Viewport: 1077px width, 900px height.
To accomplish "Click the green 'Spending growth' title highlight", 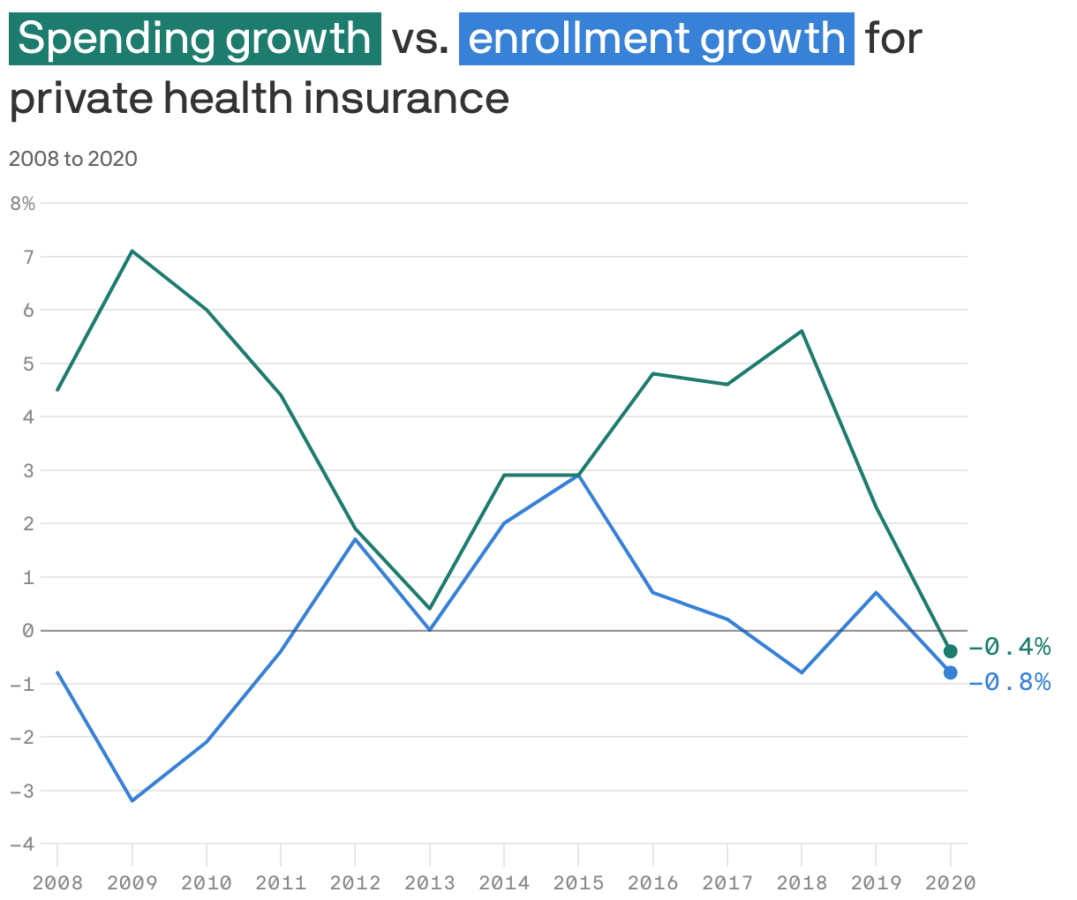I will click(194, 39).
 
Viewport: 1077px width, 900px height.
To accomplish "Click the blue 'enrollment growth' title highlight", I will click(656, 39).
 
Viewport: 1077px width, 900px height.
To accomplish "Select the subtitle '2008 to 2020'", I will click(73, 159).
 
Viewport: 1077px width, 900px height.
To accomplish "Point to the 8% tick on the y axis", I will click(23, 204).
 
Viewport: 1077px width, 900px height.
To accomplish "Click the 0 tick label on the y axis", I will click(28, 630).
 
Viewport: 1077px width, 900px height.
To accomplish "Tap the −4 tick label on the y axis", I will click(23, 844).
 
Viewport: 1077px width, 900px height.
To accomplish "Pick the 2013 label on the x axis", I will click(430, 882).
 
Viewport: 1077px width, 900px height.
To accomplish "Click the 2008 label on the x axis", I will click(57, 882).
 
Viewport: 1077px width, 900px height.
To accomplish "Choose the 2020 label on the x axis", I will click(951, 882).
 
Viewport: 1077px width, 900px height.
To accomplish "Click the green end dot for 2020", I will click(951, 651).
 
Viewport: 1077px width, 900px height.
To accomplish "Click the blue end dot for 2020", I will click(951, 672).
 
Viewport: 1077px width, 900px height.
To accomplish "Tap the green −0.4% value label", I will click(1009, 648).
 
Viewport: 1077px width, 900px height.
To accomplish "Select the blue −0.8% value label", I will click(1009, 682).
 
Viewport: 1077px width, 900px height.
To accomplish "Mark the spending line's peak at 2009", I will click(132, 251).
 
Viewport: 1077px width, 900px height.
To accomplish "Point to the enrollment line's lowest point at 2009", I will click(132, 800).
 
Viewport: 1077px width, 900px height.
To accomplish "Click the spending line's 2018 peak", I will click(802, 331).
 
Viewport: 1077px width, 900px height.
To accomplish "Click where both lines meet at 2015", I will click(578, 475).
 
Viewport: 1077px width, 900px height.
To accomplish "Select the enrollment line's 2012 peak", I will click(355, 539).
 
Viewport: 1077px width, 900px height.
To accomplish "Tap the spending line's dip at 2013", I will click(430, 609).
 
